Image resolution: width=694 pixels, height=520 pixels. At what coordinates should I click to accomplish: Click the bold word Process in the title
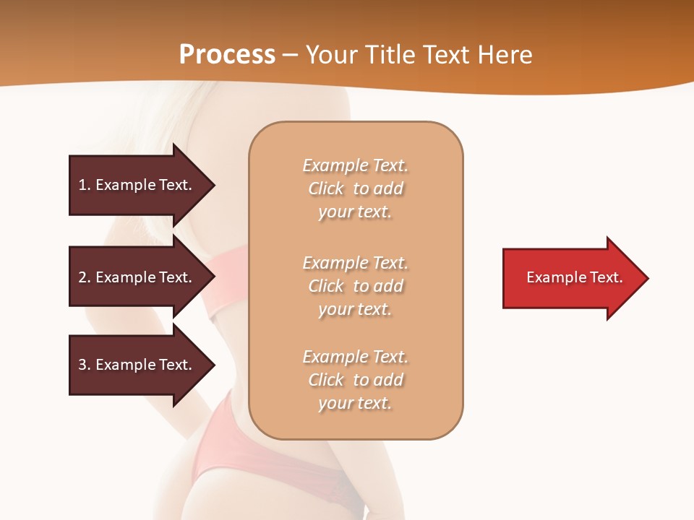227,55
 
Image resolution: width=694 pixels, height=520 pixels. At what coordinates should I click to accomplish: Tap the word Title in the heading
390,55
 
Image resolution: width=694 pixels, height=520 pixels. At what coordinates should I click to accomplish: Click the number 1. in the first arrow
85,185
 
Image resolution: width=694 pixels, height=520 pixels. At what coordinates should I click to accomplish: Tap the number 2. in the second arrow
85,277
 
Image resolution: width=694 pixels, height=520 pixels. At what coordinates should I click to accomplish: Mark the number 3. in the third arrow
85,365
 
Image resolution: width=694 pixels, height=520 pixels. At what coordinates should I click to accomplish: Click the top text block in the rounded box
356,188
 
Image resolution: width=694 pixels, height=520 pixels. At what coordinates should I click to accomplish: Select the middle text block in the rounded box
356,286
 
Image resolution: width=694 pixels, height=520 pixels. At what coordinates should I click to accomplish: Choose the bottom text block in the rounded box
356,380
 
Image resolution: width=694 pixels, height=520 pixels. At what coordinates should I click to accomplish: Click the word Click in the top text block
326,188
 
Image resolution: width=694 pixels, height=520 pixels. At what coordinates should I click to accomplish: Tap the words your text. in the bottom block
355,403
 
